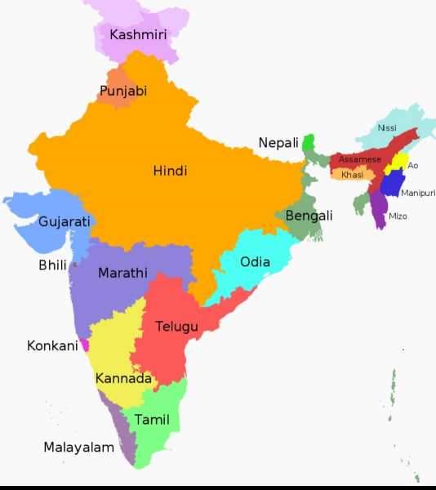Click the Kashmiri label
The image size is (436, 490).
138,34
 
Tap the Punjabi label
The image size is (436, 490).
123,91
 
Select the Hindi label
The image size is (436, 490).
170,171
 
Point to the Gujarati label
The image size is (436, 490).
65,221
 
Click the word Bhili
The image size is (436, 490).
52,265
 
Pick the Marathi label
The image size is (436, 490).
122,273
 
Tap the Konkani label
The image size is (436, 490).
52,345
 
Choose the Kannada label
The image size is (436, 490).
123,379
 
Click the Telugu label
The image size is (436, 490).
176,327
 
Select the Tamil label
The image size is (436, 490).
152,420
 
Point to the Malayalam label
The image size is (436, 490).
78,448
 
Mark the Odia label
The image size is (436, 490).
255,262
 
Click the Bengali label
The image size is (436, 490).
309,216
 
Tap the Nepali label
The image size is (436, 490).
278,143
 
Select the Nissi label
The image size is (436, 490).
387,128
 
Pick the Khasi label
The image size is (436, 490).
352,175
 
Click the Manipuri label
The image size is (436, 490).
418,193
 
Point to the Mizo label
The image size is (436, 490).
398,216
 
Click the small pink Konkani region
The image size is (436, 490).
84,345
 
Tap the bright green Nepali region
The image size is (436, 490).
309,144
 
